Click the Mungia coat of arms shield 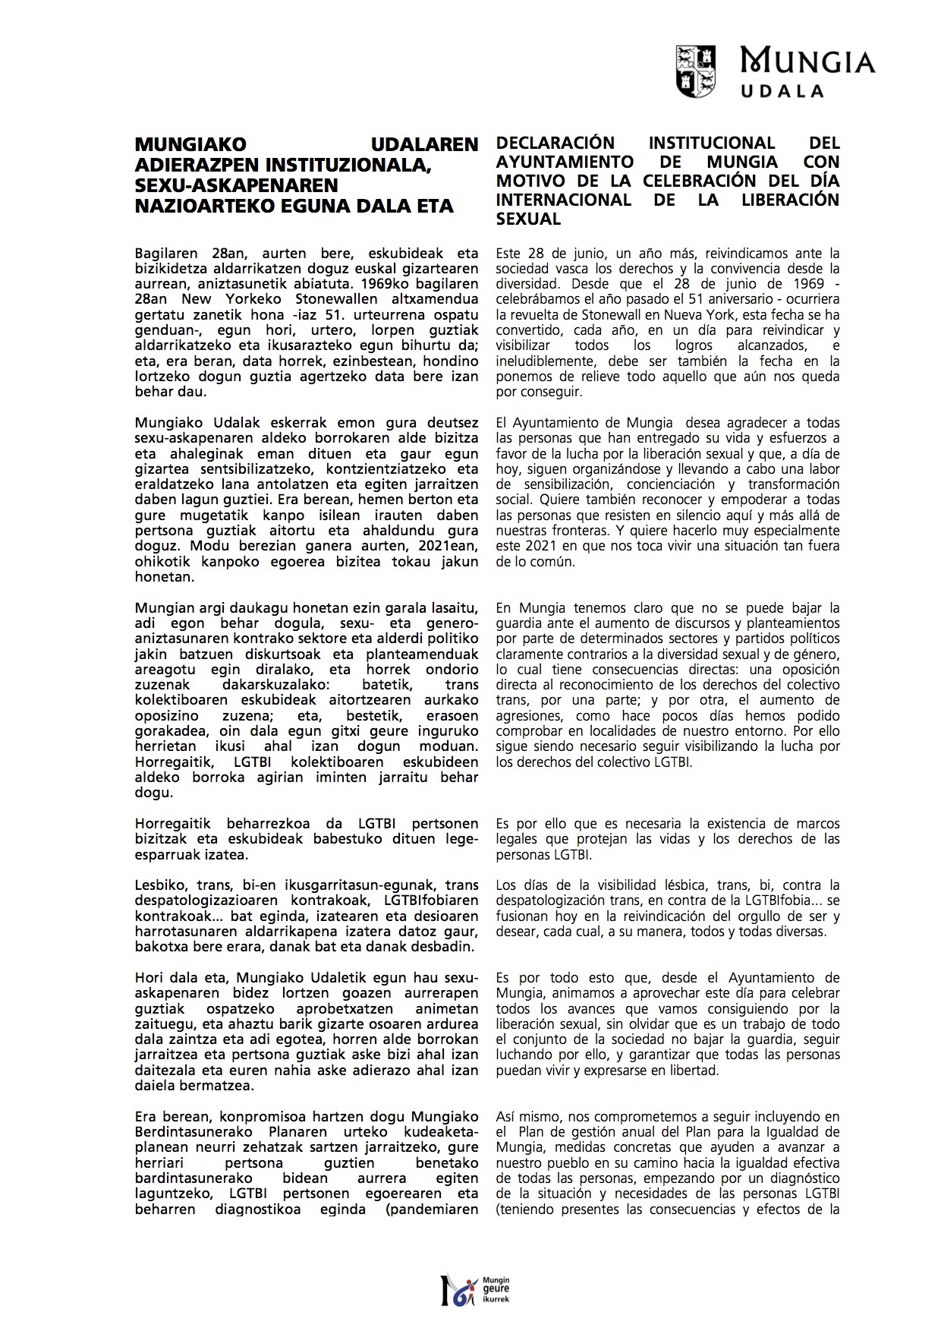point(696,71)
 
